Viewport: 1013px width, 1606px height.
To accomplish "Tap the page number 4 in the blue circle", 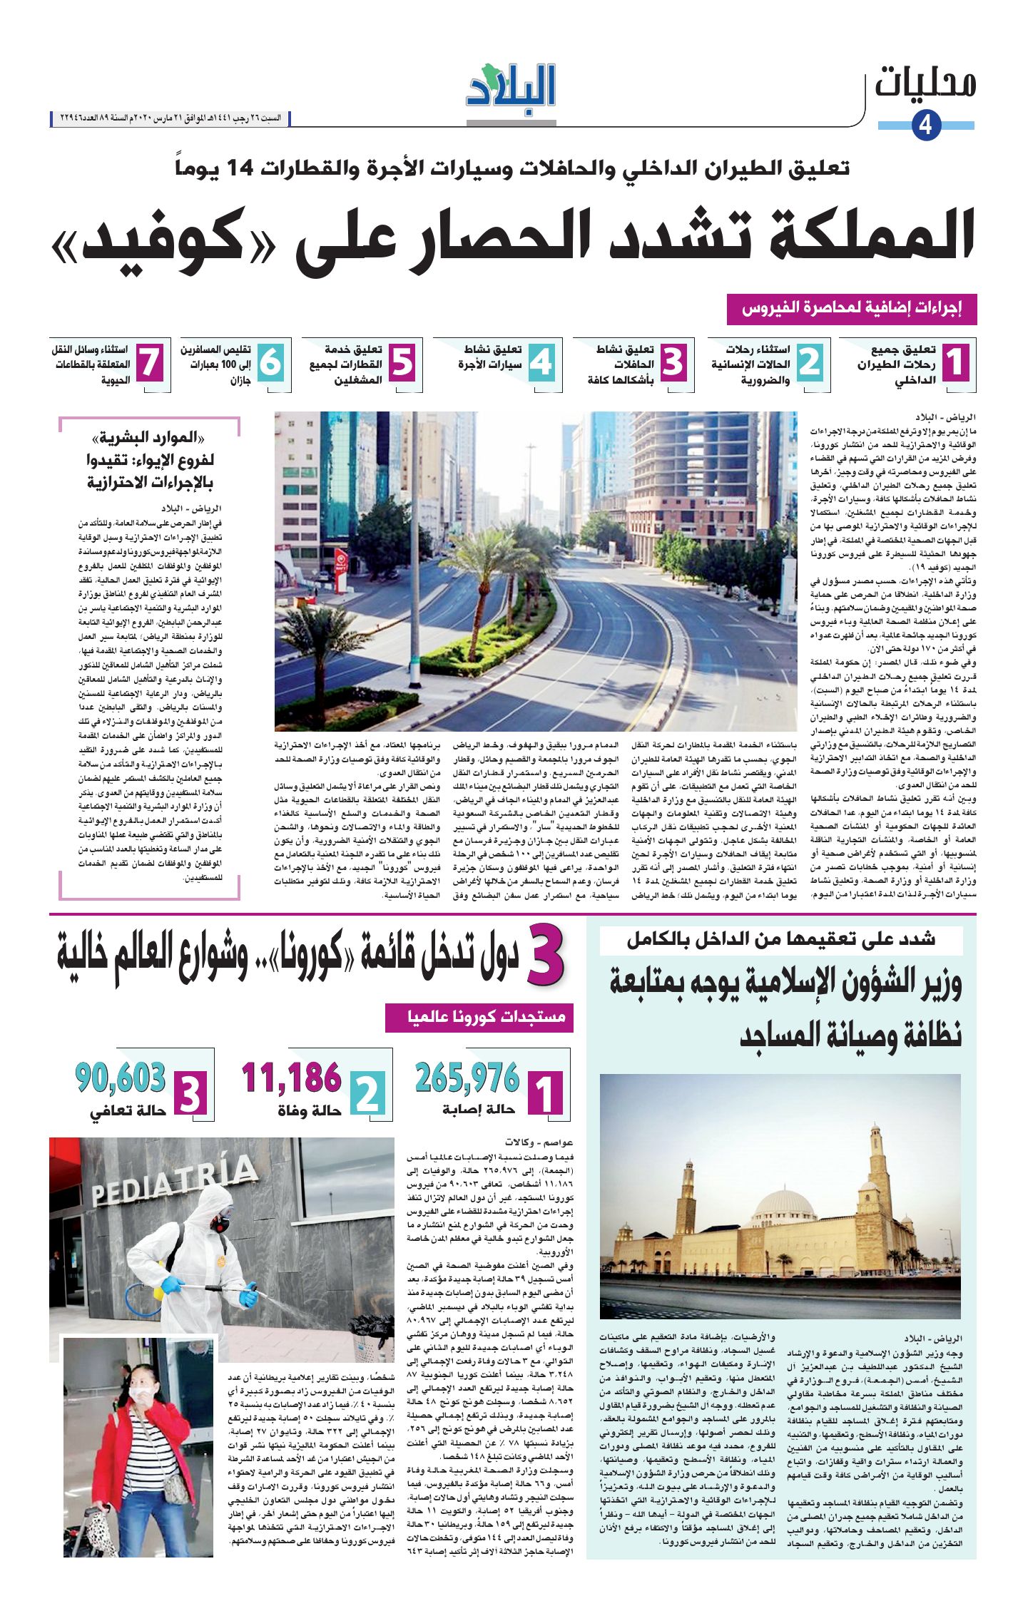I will [x=926, y=126].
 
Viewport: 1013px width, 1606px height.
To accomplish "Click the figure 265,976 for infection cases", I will [x=467, y=1078].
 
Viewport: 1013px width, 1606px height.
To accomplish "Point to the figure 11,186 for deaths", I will [x=291, y=1078].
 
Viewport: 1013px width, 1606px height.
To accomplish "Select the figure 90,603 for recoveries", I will [x=120, y=1078].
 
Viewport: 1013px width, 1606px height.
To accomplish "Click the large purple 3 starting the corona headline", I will [x=546, y=956].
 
